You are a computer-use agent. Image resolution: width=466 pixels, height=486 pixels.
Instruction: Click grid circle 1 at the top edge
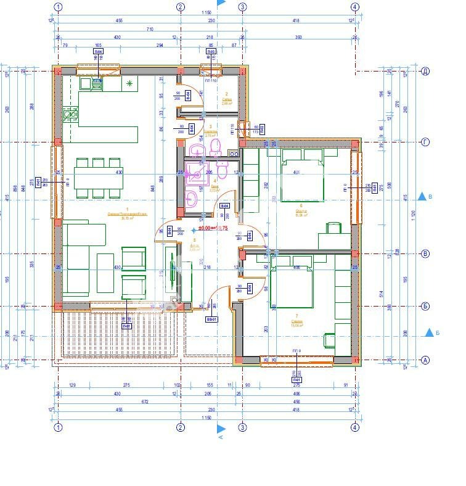click(x=58, y=7)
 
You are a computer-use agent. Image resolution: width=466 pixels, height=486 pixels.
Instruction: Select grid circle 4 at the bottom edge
click(x=354, y=427)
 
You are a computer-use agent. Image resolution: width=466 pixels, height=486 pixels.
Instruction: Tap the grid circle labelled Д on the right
click(x=425, y=72)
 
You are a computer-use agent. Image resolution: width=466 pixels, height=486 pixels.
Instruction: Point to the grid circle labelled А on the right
click(x=425, y=359)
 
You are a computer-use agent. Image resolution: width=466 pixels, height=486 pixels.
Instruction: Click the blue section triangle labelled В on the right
click(x=422, y=197)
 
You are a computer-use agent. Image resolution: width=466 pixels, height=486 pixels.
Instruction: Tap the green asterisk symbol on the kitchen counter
click(x=129, y=83)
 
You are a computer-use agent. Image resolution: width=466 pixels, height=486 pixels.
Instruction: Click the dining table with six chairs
click(x=99, y=178)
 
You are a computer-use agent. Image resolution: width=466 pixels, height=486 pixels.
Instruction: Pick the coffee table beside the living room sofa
click(x=105, y=273)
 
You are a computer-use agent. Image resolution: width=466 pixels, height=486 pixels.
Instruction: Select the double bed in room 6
click(x=302, y=179)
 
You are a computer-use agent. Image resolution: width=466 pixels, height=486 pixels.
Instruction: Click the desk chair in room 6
click(x=333, y=229)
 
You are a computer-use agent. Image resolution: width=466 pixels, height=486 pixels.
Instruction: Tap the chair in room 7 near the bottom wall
click(x=329, y=340)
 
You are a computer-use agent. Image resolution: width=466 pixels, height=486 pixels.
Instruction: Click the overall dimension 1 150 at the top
click(x=206, y=13)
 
